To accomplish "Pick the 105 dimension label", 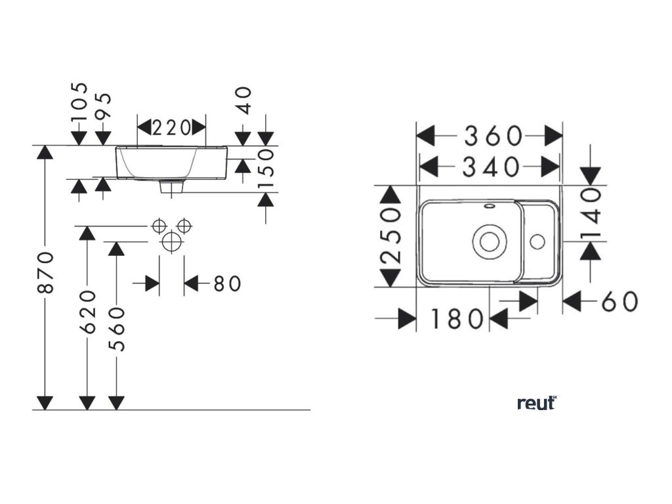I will click(79, 103).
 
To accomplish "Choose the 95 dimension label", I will click(104, 107).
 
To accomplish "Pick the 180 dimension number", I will click(457, 320).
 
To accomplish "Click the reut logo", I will click(536, 402).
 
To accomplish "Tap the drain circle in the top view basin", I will click(489, 241).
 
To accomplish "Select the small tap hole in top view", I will click(537, 240).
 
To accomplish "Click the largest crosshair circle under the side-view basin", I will click(171, 241).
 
